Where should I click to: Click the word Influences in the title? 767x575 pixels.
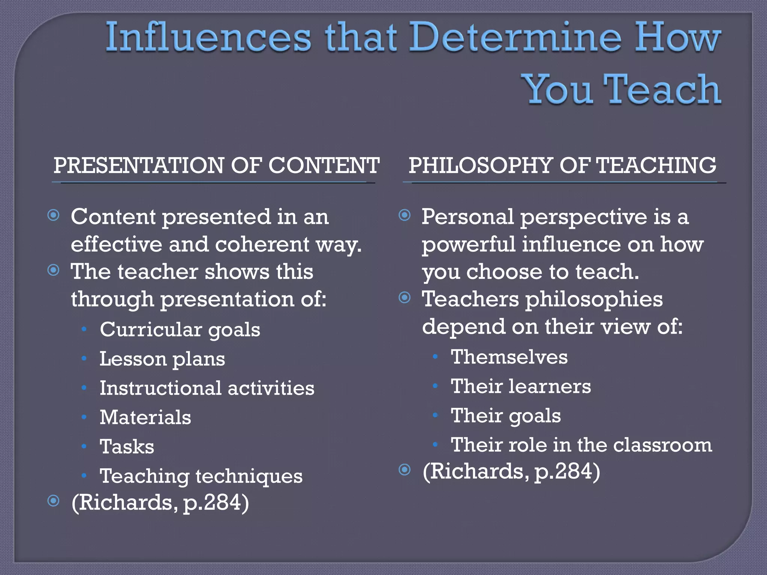point(208,37)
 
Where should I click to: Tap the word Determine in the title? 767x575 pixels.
point(513,37)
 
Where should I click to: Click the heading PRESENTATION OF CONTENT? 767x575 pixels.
point(216,165)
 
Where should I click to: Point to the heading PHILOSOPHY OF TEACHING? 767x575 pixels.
point(562,165)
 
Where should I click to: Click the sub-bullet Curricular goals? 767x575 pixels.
point(180,330)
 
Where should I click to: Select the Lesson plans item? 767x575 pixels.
point(162,359)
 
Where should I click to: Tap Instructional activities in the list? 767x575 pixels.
point(207,388)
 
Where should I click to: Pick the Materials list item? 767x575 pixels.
point(145,417)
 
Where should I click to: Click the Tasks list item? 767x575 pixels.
point(127,447)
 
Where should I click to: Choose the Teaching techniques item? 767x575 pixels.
point(201,476)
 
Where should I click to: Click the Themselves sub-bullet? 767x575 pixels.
point(509,357)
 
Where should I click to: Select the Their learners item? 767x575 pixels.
point(521,386)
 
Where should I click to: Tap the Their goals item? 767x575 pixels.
point(506,416)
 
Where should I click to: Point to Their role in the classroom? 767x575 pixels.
point(581,445)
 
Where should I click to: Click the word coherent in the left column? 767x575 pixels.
point(262,244)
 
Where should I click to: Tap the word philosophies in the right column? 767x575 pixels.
point(594,299)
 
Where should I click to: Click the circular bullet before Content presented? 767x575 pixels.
point(54,215)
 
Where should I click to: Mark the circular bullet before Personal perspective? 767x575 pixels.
point(404,215)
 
